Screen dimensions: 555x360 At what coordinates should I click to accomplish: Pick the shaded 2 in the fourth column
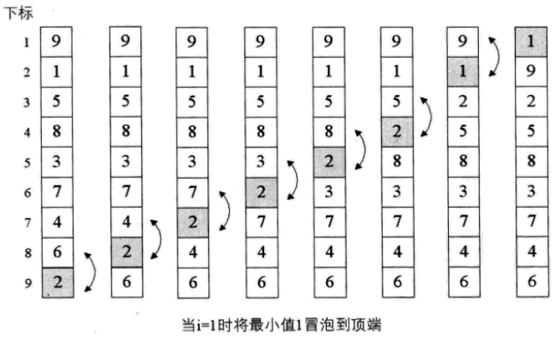tap(261, 192)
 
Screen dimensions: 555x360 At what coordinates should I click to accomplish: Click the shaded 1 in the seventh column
tap(462, 72)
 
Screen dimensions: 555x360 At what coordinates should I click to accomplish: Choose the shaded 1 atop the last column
tap(531, 40)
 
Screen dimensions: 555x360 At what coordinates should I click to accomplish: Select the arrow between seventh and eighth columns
tap(496, 56)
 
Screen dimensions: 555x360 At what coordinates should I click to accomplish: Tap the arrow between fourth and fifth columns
tap(293, 177)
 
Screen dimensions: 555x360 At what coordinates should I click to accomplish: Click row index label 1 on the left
tap(26, 41)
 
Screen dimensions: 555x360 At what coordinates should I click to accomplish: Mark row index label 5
tap(26, 161)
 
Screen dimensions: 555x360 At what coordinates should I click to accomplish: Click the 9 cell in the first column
tap(55, 41)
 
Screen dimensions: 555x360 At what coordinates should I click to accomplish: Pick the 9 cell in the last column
tap(531, 71)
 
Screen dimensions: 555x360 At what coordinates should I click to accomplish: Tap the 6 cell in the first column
tap(55, 251)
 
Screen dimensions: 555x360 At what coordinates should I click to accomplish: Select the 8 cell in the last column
tap(531, 161)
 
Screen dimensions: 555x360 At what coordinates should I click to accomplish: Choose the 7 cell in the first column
tap(55, 191)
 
